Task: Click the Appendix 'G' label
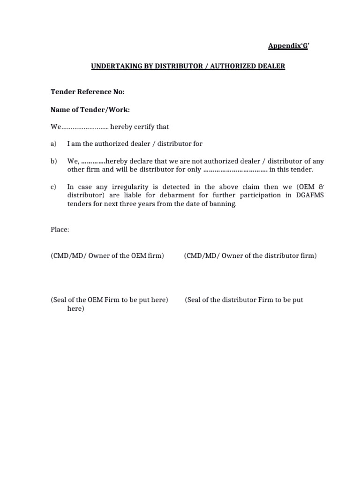[x=289, y=45]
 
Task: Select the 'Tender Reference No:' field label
[x=88, y=92]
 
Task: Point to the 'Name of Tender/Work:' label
[x=90, y=110]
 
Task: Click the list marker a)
[x=53, y=143]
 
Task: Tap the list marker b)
[x=53, y=161]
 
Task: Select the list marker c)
[x=53, y=187]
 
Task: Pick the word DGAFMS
[x=308, y=195]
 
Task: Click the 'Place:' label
[x=60, y=230]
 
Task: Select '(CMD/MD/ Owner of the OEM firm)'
[x=107, y=255]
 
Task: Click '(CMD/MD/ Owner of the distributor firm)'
[x=250, y=255]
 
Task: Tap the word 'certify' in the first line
[x=143, y=127]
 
